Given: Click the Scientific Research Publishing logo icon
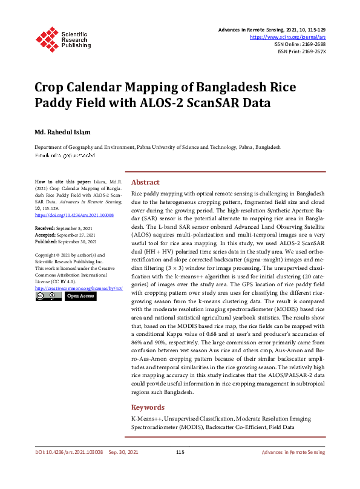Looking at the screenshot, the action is [48, 37].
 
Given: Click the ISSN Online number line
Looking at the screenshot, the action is [300, 44].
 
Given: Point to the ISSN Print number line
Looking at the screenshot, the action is [301, 52].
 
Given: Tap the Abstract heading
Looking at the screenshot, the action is [145, 182].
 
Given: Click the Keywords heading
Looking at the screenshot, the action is [148, 407].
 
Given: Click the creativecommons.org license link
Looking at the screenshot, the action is [79, 288].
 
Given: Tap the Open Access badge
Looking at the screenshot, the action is [80, 297].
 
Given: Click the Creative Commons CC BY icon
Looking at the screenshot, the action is [48, 297].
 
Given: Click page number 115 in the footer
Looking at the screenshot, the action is [180, 453].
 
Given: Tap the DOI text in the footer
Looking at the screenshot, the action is [68, 453].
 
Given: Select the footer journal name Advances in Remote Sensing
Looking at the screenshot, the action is [293, 453].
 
